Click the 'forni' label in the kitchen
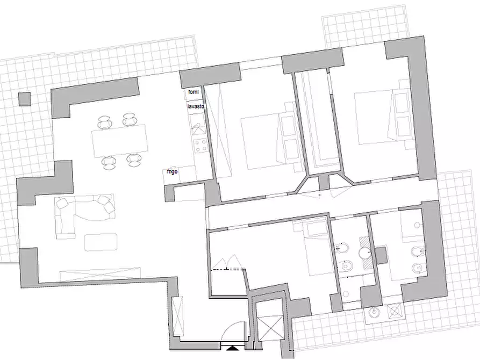coord(194,92)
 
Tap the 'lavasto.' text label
coord(196,106)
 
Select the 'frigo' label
coord(173,171)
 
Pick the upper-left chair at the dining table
coord(105,122)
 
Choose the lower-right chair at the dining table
coord(134,160)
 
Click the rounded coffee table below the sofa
coord(101,242)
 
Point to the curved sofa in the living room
coord(84,211)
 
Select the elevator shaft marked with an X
coord(270,324)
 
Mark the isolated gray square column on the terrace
coord(25,99)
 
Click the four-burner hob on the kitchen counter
coord(200,146)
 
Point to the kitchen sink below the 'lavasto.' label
coord(198,126)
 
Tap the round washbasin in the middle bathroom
coord(364,253)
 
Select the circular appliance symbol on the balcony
coord(374,313)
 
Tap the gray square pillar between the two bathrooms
coord(382,255)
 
